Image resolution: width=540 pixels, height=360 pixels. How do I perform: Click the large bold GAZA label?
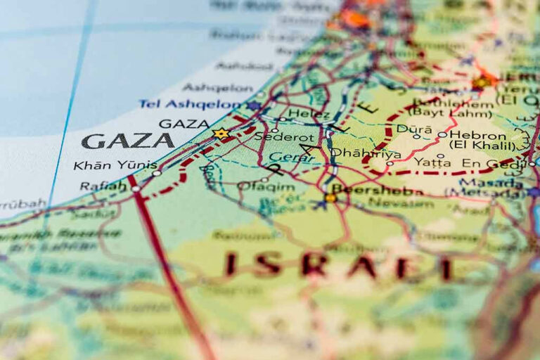[x=127, y=141]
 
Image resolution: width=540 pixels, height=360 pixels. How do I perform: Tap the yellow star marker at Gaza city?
[x=221, y=133]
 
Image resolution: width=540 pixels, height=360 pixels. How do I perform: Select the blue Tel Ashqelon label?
[x=189, y=104]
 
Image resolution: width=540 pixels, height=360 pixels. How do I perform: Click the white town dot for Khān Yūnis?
[x=156, y=172]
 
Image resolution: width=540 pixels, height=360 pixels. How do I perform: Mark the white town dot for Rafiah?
[x=135, y=188]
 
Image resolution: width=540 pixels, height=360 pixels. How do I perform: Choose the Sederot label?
[x=276, y=136]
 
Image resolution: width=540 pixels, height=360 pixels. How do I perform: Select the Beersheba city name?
[x=377, y=190]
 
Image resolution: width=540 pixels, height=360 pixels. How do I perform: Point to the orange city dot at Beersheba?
[x=330, y=198]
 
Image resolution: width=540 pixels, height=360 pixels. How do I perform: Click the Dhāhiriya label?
[x=366, y=153]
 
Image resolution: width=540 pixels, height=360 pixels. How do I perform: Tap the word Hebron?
[x=477, y=135]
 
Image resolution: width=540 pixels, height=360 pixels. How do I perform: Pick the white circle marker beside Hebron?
[x=442, y=135]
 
